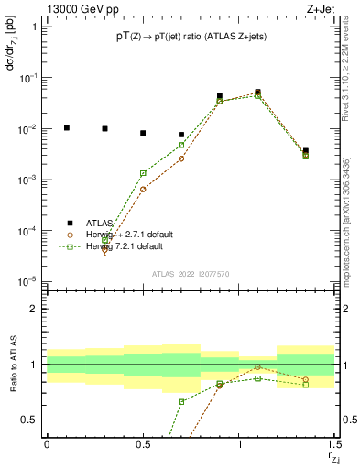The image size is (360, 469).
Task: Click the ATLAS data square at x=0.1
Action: coord(66,127)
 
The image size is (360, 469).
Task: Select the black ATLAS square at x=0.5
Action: coord(143,133)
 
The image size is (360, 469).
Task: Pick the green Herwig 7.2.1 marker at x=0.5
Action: coord(143,173)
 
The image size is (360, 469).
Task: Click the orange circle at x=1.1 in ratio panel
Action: coord(258,366)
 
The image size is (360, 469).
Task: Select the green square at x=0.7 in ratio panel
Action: coord(181,401)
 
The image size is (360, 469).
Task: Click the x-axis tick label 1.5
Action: coord(333,443)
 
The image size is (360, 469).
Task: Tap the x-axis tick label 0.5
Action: coord(143,443)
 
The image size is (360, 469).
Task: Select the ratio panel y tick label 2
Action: coord(33,309)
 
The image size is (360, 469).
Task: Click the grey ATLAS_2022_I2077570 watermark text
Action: coord(191,273)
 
